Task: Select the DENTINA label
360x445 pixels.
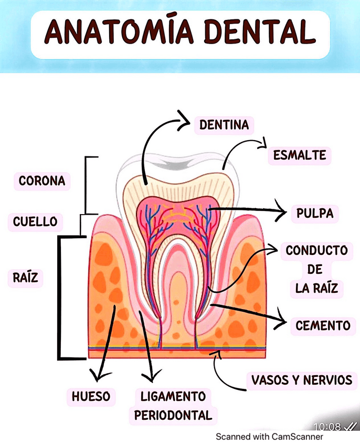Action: (224, 125)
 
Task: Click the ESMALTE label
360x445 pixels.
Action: (300, 155)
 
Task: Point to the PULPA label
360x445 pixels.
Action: (314, 214)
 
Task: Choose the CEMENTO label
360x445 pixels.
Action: (323, 326)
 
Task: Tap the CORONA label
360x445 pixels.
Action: (42, 181)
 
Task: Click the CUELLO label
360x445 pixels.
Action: (36, 221)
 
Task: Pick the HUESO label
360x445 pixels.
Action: (91, 397)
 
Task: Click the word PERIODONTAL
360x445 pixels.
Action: (173, 415)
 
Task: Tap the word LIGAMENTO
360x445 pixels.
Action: (173, 396)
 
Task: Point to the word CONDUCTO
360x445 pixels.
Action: (316, 251)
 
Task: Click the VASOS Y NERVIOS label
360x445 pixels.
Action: (301, 380)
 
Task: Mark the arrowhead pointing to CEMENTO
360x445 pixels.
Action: (281, 321)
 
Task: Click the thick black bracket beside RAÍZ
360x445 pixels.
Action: (59, 298)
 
